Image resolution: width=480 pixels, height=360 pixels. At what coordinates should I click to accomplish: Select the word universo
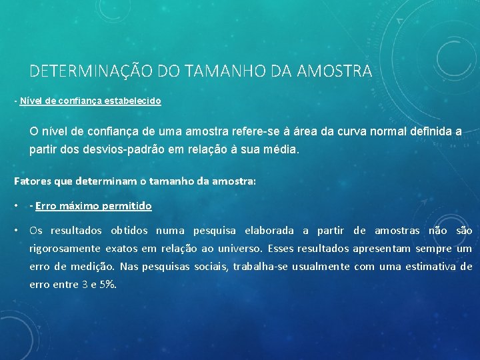coord(239,249)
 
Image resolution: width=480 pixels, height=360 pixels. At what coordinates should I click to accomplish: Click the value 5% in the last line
coord(107,285)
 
